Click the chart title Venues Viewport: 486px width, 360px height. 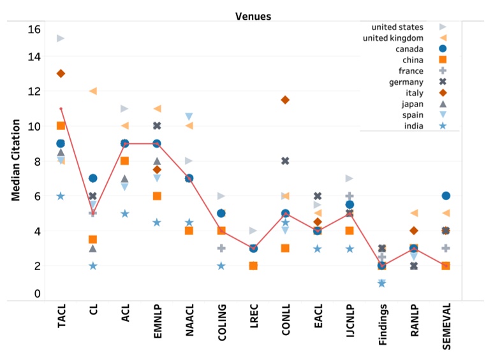click(253, 16)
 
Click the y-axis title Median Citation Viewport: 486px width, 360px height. click(15, 160)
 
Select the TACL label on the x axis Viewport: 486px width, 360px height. click(61, 316)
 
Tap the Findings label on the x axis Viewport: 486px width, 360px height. click(383, 324)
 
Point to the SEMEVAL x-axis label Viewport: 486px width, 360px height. click(446, 327)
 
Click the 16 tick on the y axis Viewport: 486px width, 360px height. click(34, 29)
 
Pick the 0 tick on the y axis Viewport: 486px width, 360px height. click(37, 294)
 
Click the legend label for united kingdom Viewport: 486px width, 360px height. click(393, 38)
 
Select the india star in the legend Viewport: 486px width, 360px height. click(443, 126)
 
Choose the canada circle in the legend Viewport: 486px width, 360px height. click(443, 48)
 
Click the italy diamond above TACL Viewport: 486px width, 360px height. click(61, 74)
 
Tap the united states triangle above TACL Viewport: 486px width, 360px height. click(61, 38)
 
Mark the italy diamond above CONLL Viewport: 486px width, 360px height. click(285, 100)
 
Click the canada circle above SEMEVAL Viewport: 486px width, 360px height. click(446, 196)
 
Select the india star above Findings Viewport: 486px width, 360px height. click(382, 284)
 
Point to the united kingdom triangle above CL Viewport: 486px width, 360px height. click(93, 91)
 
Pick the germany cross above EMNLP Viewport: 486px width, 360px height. click(157, 126)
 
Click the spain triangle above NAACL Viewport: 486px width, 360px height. click(189, 117)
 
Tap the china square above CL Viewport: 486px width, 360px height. click(92, 240)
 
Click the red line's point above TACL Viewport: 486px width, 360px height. click(61, 109)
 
